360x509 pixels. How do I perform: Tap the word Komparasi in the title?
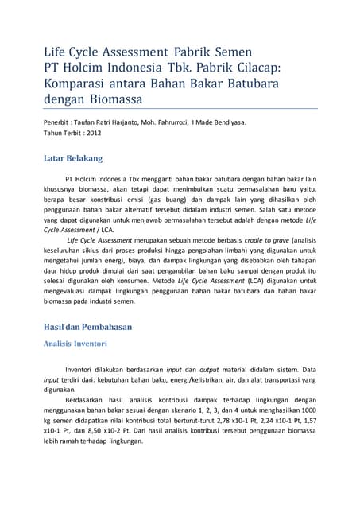pyautogui.click(x=77, y=84)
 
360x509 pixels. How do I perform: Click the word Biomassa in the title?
pyautogui.click(x=122, y=100)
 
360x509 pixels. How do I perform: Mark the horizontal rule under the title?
pyautogui.click(x=180, y=108)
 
